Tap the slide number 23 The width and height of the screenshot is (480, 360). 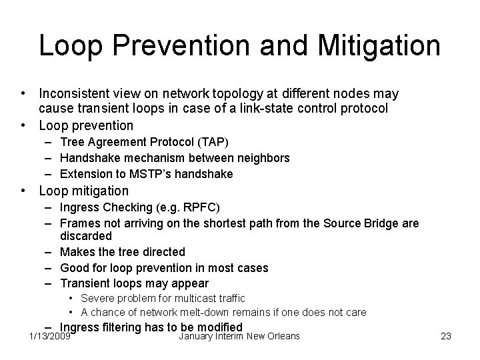[446, 336]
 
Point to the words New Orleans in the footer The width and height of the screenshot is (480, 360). [273, 336]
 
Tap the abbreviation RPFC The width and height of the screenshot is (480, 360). [200, 207]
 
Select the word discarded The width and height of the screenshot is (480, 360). [86, 236]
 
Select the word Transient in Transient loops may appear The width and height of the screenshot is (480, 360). [85, 283]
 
